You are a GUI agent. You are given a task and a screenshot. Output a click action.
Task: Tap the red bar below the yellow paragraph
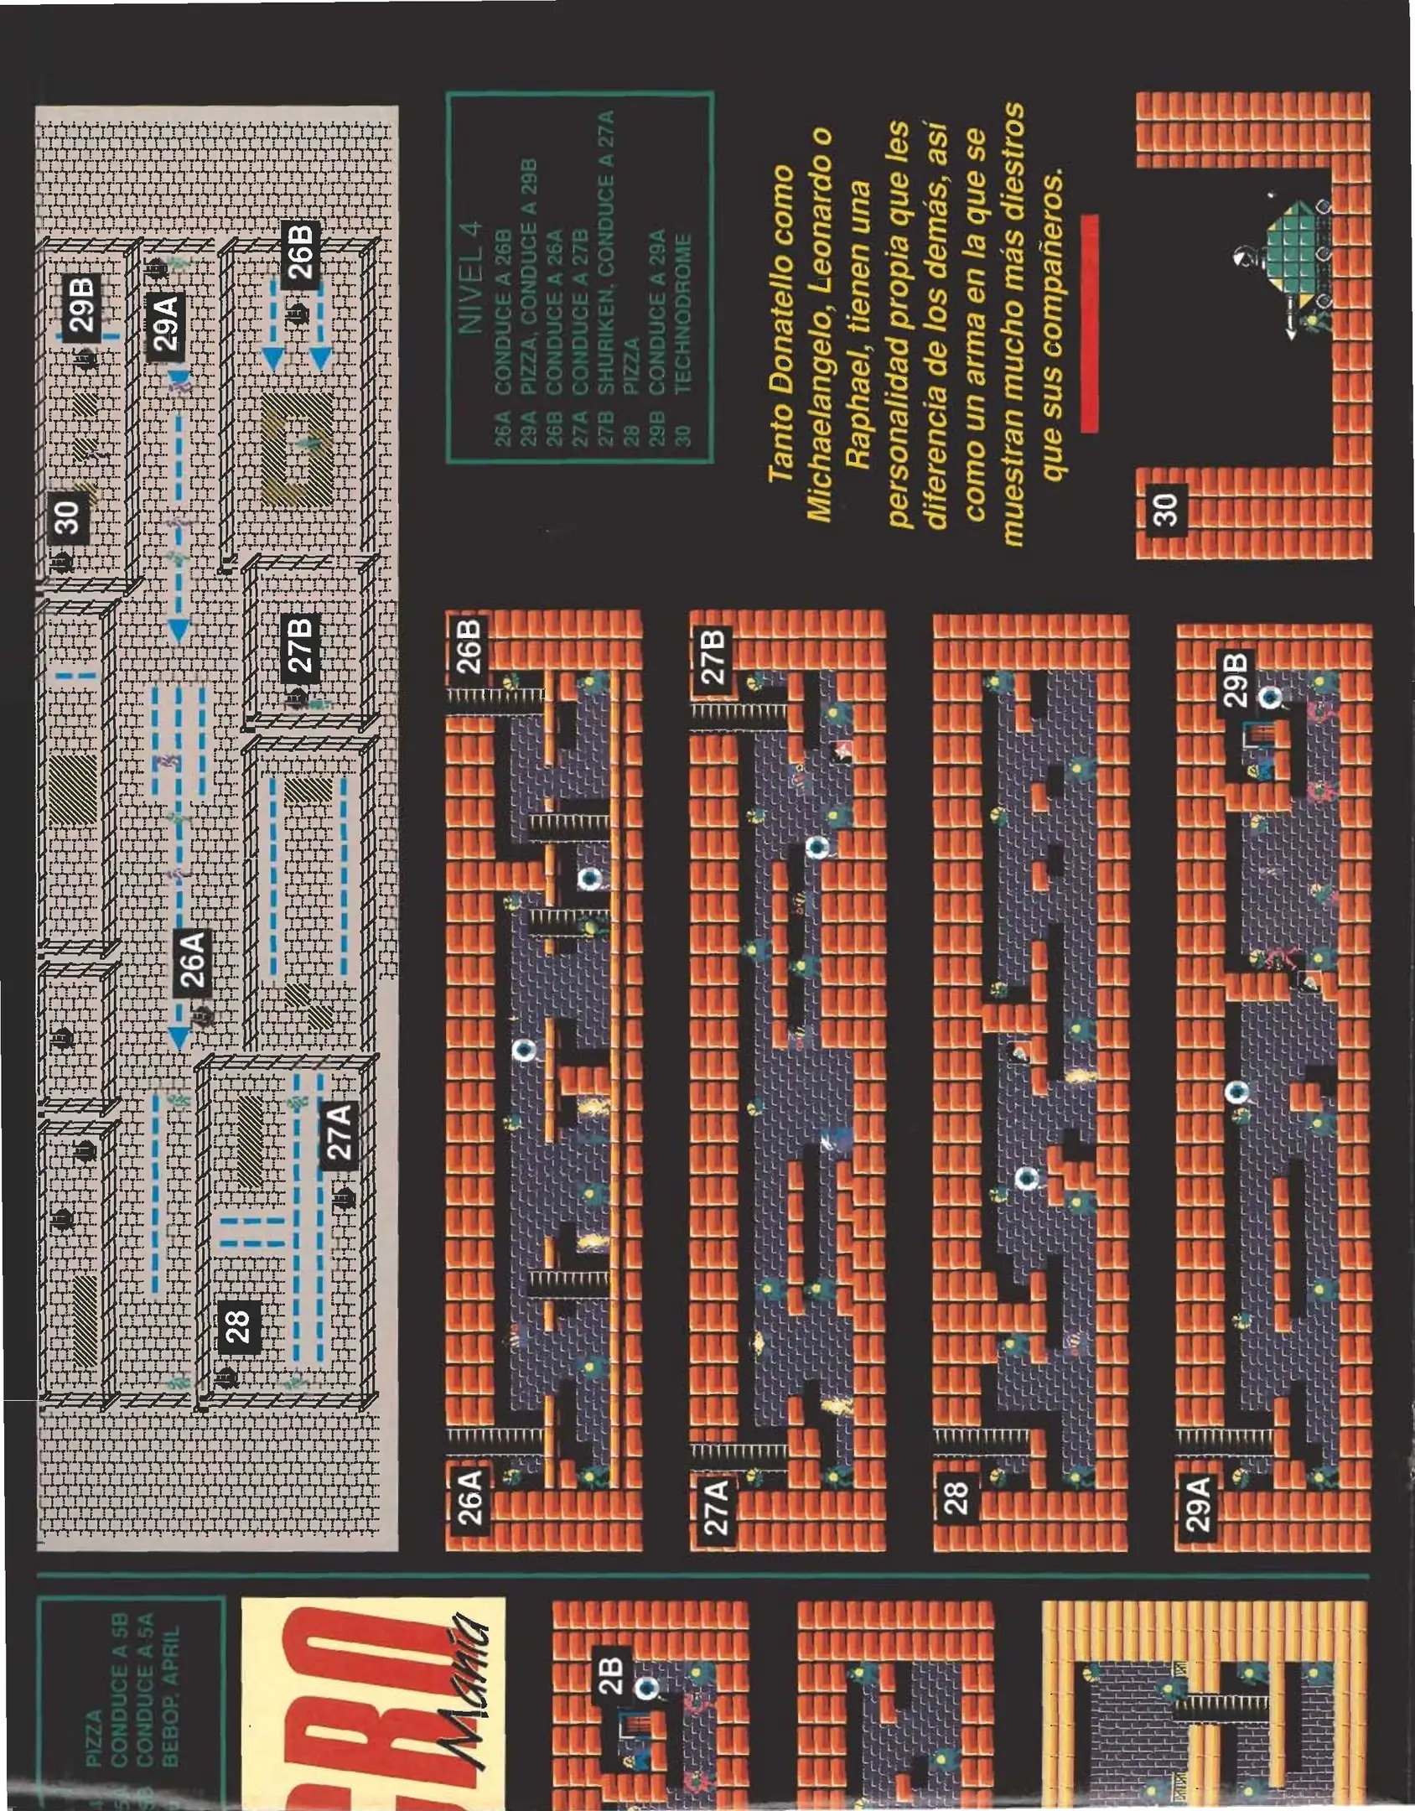click(x=1090, y=324)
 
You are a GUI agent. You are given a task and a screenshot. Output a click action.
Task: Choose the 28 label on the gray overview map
click(x=237, y=1326)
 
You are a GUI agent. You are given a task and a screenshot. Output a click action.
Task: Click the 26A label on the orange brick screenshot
click(x=470, y=1497)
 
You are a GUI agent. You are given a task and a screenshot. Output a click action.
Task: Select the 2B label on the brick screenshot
click(x=612, y=1677)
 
